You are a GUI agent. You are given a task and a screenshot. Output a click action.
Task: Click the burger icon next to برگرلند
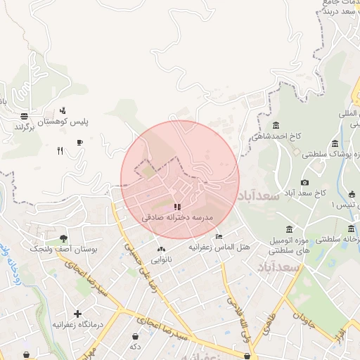[25, 116]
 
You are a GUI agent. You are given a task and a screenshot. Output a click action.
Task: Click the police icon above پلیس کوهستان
[63, 110]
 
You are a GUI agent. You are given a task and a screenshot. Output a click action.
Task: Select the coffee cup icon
[79, 142]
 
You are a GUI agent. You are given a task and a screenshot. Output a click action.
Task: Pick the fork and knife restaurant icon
[60, 150]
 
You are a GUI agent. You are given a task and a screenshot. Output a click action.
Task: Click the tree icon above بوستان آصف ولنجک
[64, 239]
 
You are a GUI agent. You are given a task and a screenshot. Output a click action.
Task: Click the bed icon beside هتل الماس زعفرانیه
[219, 237]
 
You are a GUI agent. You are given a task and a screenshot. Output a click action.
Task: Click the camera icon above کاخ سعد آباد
[304, 182]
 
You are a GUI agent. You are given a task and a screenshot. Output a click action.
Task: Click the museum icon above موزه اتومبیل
[290, 230]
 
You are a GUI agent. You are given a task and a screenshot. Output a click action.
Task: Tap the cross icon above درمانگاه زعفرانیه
[77, 314]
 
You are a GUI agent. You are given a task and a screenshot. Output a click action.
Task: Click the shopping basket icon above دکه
[134, 337]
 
